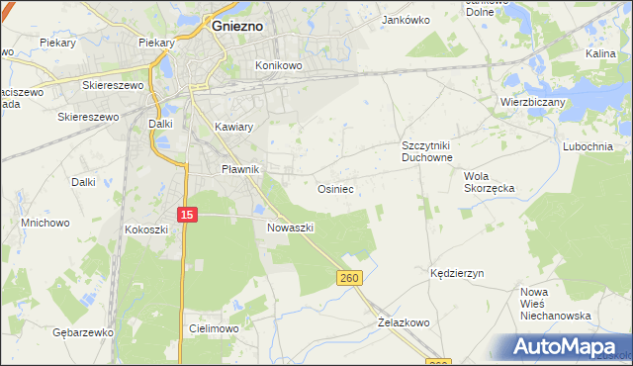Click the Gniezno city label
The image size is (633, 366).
pyautogui.click(x=237, y=27)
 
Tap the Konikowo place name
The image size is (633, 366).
pyautogui.click(x=278, y=65)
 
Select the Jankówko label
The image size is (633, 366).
pyautogui.click(x=406, y=19)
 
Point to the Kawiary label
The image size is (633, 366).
pyautogui.click(x=234, y=128)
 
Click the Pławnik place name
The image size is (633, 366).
pyautogui.click(x=239, y=169)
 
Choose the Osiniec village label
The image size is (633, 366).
pyautogui.click(x=335, y=187)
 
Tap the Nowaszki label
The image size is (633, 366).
pyautogui.click(x=291, y=227)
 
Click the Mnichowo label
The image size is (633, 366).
pyautogui.click(x=45, y=223)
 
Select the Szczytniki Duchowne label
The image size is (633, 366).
pyautogui.click(x=426, y=150)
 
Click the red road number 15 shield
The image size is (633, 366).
pyautogui.click(x=188, y=214)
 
